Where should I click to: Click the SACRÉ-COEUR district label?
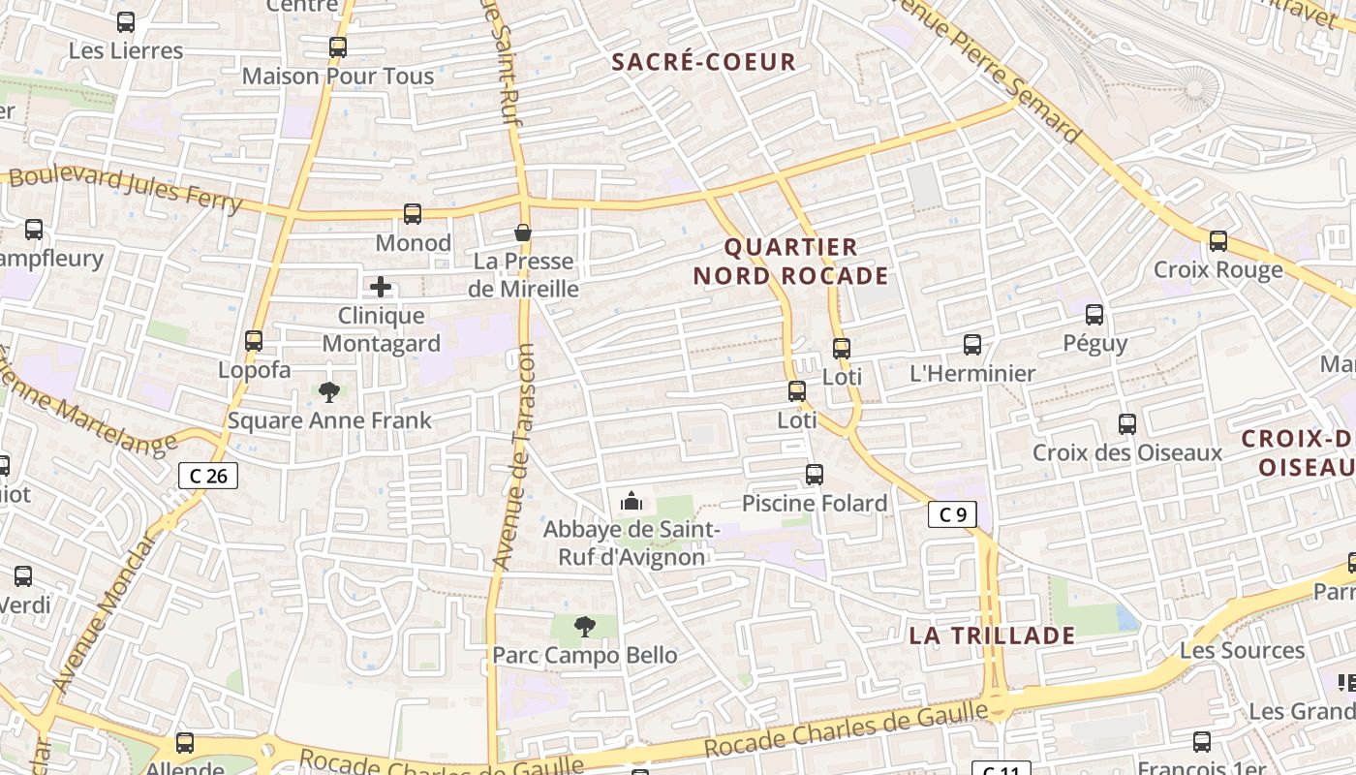704,62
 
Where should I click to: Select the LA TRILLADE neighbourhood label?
992,635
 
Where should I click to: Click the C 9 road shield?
952,514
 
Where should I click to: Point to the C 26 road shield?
208,475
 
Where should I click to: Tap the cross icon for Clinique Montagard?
381,287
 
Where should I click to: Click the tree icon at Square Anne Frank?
329,392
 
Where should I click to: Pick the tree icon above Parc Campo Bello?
584,627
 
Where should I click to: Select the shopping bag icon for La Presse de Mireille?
523,232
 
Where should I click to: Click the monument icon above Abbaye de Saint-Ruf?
632,501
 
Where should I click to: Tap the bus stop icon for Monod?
413,214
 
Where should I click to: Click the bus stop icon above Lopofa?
254,341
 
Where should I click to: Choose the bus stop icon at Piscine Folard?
815,475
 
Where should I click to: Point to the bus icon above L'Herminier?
972,345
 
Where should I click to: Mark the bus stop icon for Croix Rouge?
1218,241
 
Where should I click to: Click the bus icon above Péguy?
1094,315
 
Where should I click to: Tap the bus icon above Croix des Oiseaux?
1127,424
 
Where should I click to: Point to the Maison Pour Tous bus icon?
338,46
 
